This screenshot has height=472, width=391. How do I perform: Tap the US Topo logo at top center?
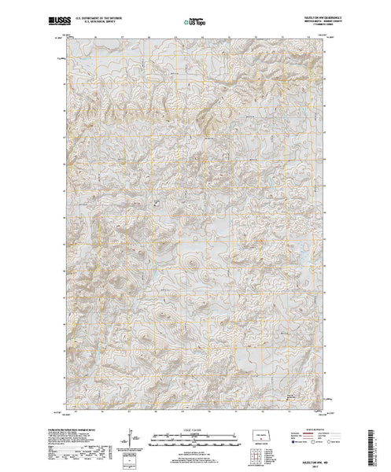pyautogui.click(x=195, y=16)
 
